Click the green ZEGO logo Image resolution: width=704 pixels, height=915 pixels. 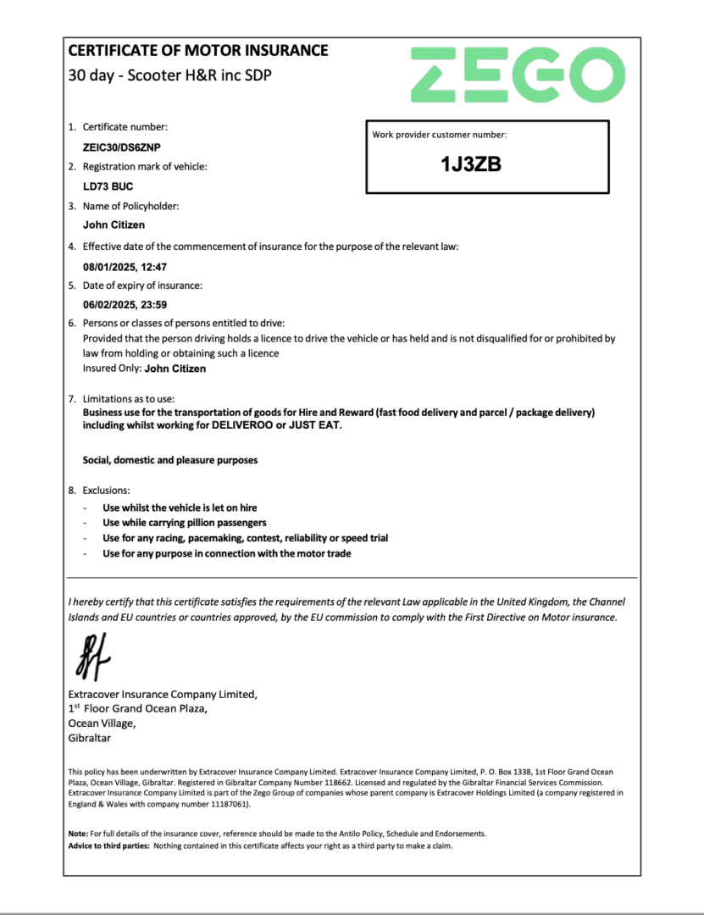point(518,75)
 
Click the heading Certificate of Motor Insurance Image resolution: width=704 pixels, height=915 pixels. point(197,50)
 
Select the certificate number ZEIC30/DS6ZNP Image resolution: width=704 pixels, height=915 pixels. point(122,147)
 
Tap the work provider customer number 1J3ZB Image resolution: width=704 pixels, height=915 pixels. point(471,165)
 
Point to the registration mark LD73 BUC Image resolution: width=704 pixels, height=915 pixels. point(108,186)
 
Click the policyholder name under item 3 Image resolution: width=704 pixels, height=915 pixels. point(114,225)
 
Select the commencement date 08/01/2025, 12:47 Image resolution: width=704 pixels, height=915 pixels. point(125,266)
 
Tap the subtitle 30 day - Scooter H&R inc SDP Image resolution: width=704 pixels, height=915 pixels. point(170,75)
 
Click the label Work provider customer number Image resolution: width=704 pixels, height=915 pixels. point(439,135)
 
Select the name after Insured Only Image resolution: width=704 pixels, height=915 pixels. point(175,369)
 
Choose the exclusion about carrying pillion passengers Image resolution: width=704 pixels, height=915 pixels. point(184,523)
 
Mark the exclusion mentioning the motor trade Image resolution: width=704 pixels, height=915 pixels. point(226,553)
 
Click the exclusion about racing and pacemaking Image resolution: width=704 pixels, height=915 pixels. point(245,538)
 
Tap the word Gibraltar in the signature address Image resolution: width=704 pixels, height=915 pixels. point(89,738)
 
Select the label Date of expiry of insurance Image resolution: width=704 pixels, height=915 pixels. point(142,286)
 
